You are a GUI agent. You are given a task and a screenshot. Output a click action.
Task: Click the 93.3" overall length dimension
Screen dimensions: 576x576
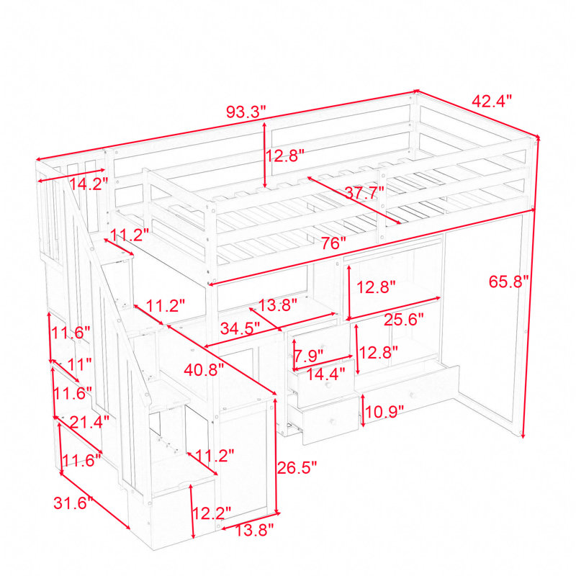tap(246, 112)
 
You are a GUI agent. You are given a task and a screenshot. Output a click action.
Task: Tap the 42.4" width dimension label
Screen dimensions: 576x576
tap(492, 101)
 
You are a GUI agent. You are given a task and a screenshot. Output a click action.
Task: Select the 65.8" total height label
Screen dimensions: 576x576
tap(508, 282)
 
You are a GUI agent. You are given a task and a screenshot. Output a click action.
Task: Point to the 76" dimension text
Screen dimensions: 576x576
tap(333, 243)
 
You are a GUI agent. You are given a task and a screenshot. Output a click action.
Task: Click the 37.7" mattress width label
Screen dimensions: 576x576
tap(364, 192)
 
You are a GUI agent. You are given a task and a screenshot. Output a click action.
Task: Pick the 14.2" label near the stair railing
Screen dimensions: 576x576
tap(89, 184)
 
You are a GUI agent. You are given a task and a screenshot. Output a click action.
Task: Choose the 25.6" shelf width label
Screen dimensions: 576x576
tap(404, 320)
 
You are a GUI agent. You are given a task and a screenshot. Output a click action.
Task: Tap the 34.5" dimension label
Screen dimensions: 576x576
tap(240, 328)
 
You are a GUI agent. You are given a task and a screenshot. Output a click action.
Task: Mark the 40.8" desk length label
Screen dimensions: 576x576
tap(204, 369)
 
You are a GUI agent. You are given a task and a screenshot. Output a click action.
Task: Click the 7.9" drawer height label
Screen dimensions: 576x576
tap(310, 356)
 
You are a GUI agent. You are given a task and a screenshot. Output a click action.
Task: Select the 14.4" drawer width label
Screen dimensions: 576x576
tap(326, 374)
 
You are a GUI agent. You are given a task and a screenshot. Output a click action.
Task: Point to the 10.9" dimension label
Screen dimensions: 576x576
tap(384, 412)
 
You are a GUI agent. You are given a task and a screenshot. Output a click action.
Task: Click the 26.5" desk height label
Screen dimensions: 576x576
tap(297, 467)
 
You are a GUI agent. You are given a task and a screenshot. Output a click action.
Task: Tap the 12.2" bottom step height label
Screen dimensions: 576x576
tap(212, 513)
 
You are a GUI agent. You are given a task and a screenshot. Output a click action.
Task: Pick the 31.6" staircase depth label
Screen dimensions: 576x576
tap(73, 503)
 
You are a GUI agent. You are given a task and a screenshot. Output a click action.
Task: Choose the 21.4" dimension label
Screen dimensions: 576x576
tap(89, 423)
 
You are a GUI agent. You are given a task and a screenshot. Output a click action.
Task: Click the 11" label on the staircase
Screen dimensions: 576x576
tap(79, 364)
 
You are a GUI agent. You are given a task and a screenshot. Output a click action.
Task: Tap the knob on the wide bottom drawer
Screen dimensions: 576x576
tap(413, 395)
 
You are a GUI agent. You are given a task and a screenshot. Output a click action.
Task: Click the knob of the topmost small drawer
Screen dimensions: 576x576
tap(323, 348)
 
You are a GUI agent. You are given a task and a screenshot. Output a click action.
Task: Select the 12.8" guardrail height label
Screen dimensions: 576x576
tap(284, 156)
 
